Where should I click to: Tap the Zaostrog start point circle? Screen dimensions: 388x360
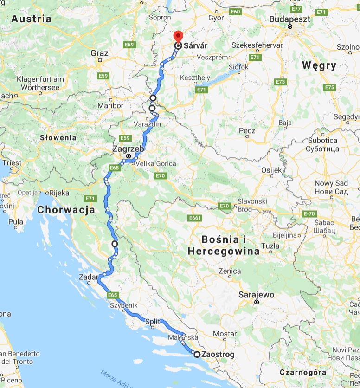click(197, 355)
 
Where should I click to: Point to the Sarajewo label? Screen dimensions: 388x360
click(256, 295)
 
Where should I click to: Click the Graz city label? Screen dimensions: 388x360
click(99, 53)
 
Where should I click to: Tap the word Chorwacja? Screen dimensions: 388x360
click(66, 210)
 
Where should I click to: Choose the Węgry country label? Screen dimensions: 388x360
click(319, 65)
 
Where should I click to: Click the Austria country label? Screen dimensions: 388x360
click(32, 19)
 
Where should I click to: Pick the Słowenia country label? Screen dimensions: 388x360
click(58, 137)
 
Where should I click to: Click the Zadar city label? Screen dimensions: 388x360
click(89, 277)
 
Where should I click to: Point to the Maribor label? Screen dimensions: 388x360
click(111, 105)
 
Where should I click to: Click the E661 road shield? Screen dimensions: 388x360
click(195, 218)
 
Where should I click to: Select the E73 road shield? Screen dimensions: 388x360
click(280, 82)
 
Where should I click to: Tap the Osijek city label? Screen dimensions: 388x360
click(271, 170)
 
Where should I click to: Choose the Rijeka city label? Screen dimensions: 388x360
click(59, 193)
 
